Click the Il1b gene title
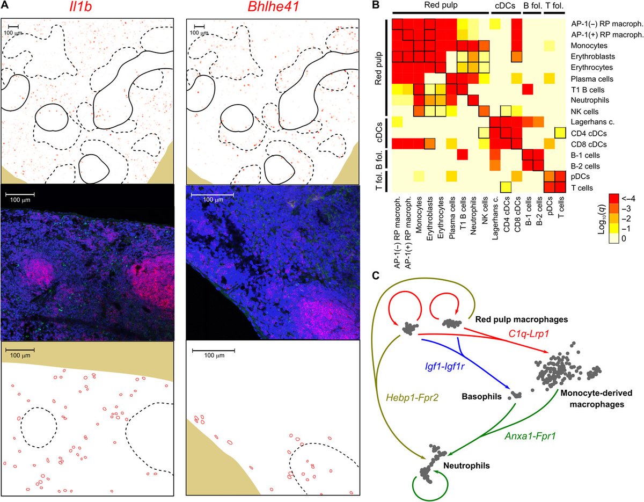80,8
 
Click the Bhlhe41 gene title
273,8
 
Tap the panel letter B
376,5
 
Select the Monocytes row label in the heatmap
585,46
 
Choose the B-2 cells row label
585,166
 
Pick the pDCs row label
580,177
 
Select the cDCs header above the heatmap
505,5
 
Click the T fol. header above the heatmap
554,5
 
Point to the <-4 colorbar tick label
627,198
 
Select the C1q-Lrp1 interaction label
529,333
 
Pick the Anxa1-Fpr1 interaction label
530,435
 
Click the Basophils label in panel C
481,396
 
